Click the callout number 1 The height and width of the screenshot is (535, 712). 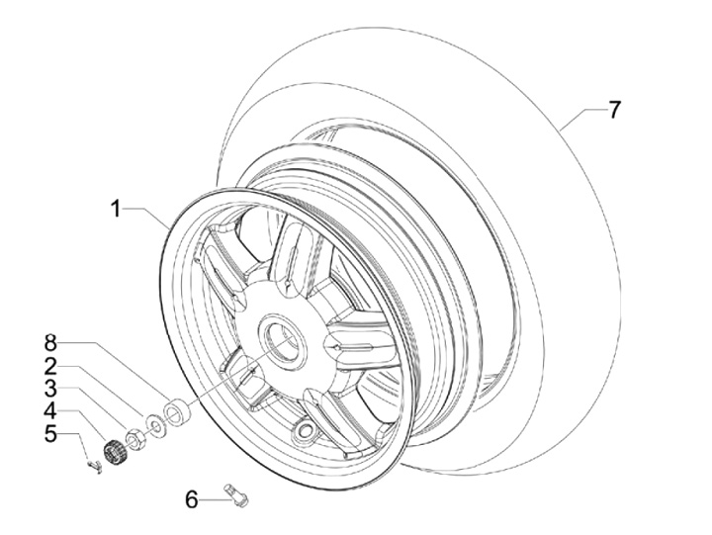[x=117, y=210]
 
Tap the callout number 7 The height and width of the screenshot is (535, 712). [x=613, y=110]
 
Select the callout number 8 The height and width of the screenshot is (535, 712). [x=50, y=343]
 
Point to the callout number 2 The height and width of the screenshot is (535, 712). [x=50, y=366]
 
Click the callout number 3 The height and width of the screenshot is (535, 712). [x=50, y=389]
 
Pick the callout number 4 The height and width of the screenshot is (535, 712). [x=50, y=411]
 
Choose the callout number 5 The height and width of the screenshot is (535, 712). [x=50, y=434]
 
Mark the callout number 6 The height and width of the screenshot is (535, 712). [x=192, y=500]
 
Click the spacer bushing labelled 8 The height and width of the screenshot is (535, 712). [x=177, y=412]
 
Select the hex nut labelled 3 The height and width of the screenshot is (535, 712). [x=135, y=439]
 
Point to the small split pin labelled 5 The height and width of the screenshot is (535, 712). [x=95, y=467]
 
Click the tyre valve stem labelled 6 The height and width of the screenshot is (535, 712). [x=236, y=495]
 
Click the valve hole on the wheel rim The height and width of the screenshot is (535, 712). [x=305, y=429]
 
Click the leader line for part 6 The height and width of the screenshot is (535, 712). [x=216, y=500]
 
